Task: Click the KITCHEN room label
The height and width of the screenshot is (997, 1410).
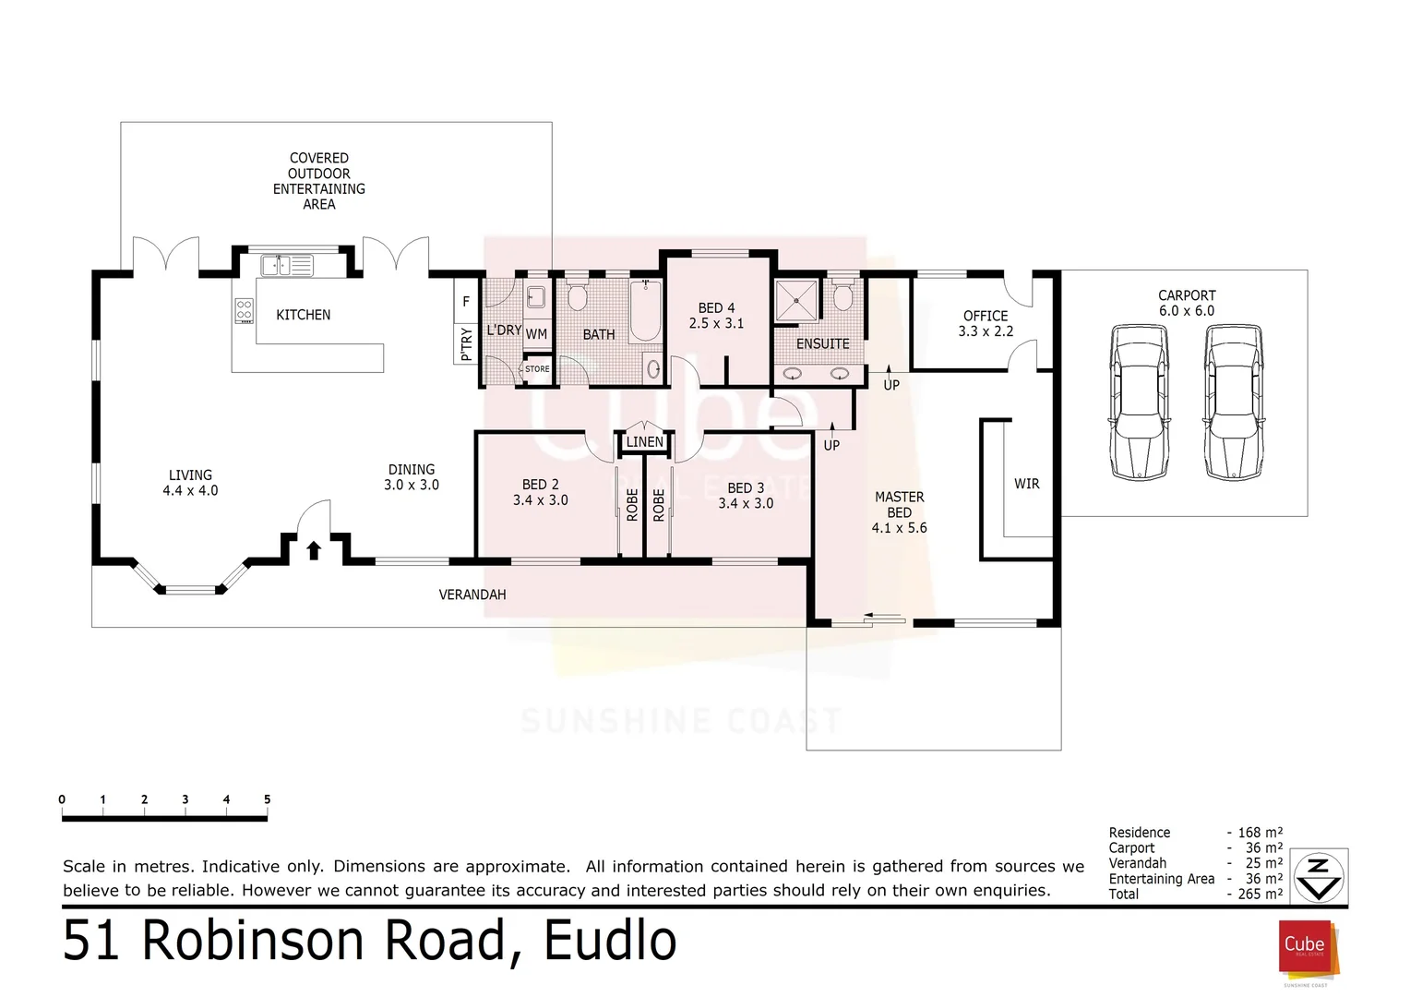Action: (303, 315)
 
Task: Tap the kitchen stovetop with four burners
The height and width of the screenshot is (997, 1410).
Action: (245, 310)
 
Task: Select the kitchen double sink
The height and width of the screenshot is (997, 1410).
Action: (287, 266)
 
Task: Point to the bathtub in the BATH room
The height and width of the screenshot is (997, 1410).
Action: (644, 312)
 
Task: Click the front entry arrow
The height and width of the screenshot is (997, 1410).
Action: (314, 550)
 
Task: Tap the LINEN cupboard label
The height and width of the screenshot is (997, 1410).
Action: (644, 442)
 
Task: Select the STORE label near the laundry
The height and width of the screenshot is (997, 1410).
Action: (537, 369)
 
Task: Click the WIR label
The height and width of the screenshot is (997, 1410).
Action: (1026, 484)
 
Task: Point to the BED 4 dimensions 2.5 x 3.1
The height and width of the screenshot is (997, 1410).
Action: (716, 324)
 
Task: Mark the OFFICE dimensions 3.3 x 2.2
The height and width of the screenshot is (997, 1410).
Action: (986, 331)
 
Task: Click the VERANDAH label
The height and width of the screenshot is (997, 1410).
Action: (472, 595)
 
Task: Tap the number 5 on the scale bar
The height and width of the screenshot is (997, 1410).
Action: (267, 799)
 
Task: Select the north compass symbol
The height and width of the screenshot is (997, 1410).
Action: (1319, 877)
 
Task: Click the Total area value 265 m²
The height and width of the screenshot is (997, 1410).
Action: (1260, 895)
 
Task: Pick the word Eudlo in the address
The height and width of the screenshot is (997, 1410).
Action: (610, 941)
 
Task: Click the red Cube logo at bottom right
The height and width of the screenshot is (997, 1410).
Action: (1304, 945)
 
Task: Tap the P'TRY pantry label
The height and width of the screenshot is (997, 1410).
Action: (466, 343)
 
